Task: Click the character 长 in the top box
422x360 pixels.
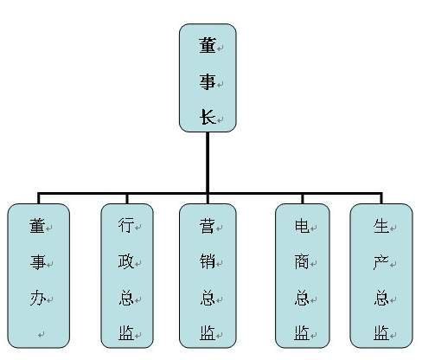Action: point(208,117)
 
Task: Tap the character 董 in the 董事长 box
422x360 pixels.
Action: point(208,45)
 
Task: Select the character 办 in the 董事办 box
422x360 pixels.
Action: point(38,298)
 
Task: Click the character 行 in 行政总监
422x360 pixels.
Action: point(126,225)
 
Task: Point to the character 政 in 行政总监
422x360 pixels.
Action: point(126,261)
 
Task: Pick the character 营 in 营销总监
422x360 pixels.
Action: point(208,226)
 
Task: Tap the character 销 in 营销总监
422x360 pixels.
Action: point(208,261)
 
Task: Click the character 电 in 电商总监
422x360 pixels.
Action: point(302,226)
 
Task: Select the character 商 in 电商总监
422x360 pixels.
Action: point(302,261)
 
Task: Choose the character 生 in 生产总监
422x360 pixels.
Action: point(381,226)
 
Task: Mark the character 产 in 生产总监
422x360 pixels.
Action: point(381,261)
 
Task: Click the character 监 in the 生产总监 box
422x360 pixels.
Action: point(381,333)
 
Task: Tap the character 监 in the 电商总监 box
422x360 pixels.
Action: point(302,333)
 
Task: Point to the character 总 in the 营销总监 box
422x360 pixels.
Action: point(208,298)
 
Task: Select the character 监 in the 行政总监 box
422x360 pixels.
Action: point(126,333)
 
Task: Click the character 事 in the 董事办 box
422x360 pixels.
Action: point(38,262)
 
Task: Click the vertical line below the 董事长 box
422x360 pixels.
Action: point(208,162)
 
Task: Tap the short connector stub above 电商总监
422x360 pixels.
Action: point(303,199)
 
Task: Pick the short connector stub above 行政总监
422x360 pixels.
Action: point(127,199)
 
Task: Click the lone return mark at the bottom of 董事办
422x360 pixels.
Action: point(42,335)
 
